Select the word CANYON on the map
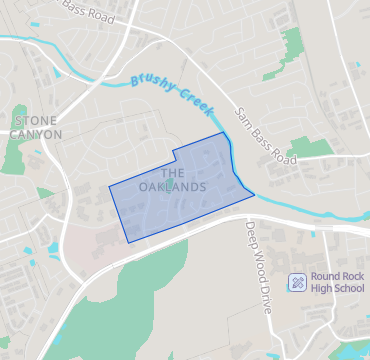(37, 134)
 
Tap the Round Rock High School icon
(296, 283)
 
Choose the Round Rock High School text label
(337, 283)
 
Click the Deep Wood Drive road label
(257, 266)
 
